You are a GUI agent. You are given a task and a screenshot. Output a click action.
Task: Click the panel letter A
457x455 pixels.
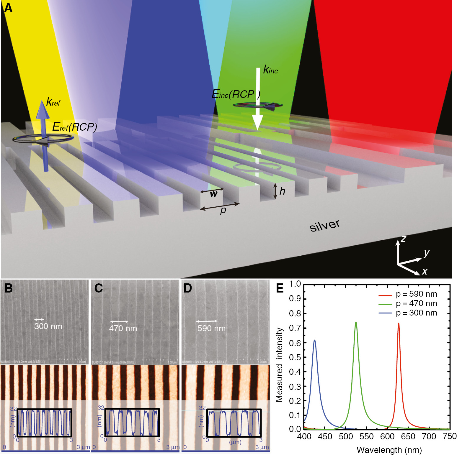(x=8, y=8)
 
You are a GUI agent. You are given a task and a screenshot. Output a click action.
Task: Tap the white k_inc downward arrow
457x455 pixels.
(x=258, y=97)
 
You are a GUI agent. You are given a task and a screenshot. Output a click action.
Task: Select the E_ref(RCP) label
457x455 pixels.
(x=75, y=127)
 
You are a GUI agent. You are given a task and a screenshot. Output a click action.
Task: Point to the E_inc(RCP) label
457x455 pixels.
(x=236, y=94)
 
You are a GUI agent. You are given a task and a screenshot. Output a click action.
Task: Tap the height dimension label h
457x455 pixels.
(x=282, y=191)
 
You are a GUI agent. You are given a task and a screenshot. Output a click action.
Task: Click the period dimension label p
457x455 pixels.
(x=223, y=210)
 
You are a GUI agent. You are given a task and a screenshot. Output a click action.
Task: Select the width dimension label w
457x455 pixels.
(x=213, y=194)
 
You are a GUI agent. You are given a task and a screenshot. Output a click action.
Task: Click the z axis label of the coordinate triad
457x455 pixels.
(x=403, y=239)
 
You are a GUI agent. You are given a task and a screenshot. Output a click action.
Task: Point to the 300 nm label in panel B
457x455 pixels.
(x=48, y=326)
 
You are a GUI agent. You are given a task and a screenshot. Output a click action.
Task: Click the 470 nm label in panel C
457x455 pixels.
(x=123, y=328)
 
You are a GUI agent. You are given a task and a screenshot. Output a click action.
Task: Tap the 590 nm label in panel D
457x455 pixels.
(x=211, y=328)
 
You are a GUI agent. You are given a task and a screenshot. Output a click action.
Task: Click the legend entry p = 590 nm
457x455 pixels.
(x=416, y=294)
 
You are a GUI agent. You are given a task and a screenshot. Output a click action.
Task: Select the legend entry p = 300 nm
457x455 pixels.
(x=416, y=313)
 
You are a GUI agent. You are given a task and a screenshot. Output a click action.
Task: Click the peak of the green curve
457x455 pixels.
(x=356, y=322)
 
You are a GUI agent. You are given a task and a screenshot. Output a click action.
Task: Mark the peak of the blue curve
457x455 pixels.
(x=314, y=340)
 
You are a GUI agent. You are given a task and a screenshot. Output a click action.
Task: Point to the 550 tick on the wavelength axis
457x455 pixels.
(x=366, y=436)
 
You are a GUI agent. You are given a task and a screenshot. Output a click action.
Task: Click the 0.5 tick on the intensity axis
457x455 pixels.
(x=295, y=357)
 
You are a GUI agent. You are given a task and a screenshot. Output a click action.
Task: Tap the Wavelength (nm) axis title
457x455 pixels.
(x=389, y=450)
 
